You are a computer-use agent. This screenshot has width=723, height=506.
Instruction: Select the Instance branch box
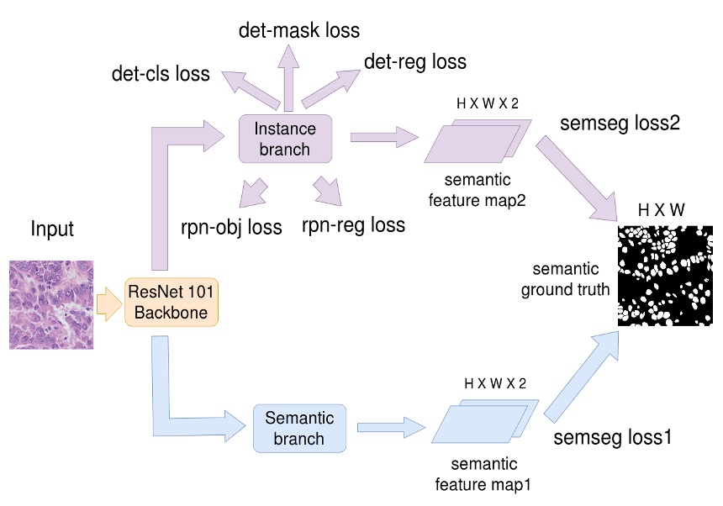pos(285,139)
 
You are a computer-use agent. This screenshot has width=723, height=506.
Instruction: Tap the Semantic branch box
pos(299,428)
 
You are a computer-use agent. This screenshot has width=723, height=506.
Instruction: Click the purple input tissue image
pos(51,304)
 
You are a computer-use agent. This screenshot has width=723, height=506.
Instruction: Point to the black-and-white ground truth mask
pos(665,276)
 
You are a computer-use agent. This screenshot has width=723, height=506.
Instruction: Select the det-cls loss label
pos(161,74)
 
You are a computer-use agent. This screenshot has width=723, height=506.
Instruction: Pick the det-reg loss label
pos(414,61)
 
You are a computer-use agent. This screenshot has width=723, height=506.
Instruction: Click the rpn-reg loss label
pos(353,224)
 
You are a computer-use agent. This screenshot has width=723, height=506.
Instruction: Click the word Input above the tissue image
pos(52,229)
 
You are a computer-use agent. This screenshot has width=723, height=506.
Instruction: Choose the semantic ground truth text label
pos(566,280)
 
